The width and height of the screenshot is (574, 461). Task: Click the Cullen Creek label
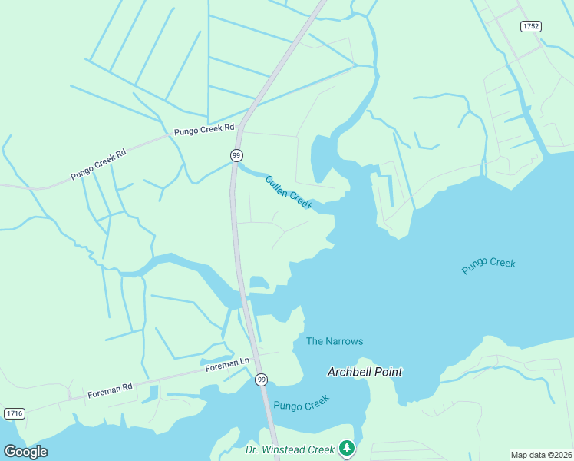click(x=289, y=193)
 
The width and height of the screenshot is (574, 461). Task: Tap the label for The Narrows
click(x=334, y=341)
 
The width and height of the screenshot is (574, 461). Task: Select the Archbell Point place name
click(x=365, y=372)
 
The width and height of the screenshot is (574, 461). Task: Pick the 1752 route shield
click(x=530, y=26)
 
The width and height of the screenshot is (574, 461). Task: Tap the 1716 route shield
click(x=14, y=413)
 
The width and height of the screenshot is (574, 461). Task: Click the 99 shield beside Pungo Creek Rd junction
click(x=236, y=155)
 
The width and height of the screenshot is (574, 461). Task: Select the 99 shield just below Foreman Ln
click(x=262, y=380)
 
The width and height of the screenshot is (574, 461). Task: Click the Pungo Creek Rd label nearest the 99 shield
click(x=203, y=131)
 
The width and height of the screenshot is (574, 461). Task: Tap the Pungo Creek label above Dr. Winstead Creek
click(x=301, y=403)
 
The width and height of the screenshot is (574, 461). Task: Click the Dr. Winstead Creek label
click(x=290, y=449)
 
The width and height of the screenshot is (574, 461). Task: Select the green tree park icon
click(x=347, y=447)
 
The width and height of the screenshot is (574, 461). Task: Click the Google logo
click(x=25, y=452)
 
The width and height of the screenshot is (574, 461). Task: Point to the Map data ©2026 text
click(x=541, y=455)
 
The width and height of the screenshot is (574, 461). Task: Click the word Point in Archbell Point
click(x=388, y=372)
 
